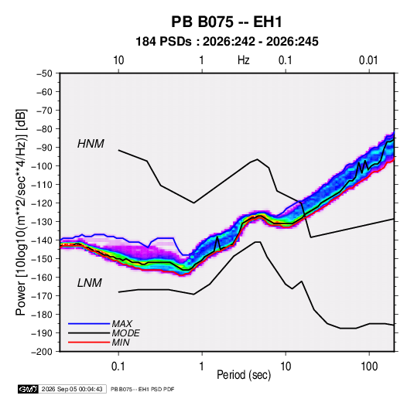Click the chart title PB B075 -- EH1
point(227,22)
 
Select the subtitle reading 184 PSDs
point(163,42)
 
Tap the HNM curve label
point(91,144)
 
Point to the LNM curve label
point(90,283)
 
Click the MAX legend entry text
point(122,324)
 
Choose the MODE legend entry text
point(125,333)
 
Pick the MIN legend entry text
point(121,343)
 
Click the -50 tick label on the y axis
point(44,73)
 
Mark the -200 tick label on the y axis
point(42,352)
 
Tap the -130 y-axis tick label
point(42,222)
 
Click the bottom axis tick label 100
point(369,366)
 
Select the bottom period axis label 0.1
point(118,366)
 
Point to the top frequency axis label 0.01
point(368,60)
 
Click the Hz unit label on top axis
point(244,60)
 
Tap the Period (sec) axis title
point(244,375)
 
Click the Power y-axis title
point(21,213)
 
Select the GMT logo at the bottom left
point(29,389)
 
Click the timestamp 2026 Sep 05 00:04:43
point(72,389)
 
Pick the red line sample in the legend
point(89,343)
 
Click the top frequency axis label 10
point(118,60)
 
